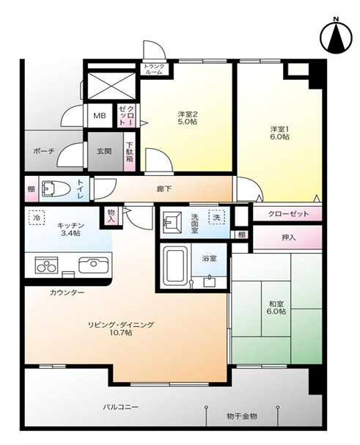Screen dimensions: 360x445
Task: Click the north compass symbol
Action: (336, 36)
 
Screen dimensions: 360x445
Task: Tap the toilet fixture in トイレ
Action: (56, 189)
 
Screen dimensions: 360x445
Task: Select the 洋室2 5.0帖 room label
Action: (188, 118)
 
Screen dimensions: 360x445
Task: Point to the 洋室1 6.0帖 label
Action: (279, 133)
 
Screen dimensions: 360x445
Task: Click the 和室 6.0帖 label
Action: (277, 307)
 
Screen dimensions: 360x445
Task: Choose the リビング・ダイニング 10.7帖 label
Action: (121, 328)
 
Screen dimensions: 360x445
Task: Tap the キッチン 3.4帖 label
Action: (70, 229)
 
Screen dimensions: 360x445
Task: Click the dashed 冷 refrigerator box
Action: (37, 218)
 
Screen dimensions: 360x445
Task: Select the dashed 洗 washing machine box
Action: (216, 217)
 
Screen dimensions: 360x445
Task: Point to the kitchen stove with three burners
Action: (46, 265)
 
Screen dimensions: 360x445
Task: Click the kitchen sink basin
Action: (93, 265)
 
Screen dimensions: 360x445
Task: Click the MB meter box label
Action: (100, 116)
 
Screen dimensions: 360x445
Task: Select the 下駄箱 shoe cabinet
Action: (130, 152)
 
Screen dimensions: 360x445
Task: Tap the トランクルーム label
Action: (154, 69)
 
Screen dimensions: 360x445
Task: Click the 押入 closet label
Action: (288, 238)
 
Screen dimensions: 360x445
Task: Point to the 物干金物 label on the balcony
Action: (242, 416)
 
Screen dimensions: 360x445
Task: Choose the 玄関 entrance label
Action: (104, 151)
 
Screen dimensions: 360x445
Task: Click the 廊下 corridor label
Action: (164, 189)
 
